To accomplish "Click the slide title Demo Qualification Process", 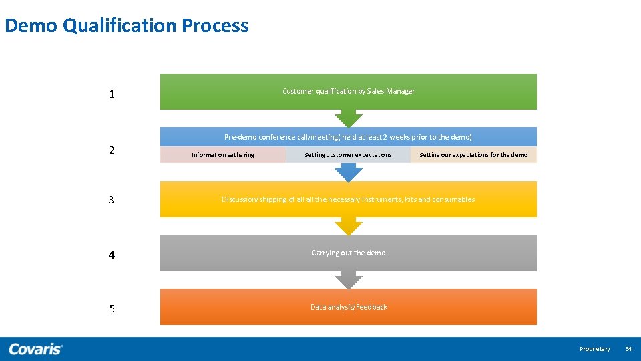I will [x=127, y=26].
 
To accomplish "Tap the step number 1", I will [x=112, y=94].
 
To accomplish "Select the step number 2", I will [x=112, y=150].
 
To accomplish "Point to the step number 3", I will [x=112, y=200].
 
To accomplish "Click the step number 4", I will [x=112, y=255].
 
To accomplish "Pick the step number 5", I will [x=112, y=309].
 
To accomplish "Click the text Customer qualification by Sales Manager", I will [x=348, y=91].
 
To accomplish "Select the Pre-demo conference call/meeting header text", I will [x=348, y=137].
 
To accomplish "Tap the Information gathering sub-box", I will [x=222, y=155].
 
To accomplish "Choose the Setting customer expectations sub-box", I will [x=348, y=155].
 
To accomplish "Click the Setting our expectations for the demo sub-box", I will [x=473, y=155].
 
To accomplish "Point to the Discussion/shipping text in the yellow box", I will [x=348, y=199].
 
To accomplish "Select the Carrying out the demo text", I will [x=348, y=253].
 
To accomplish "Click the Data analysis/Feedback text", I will [x=348, y=307].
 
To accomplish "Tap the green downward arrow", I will [x=348, y=118].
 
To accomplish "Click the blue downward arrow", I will [x=348, y=173].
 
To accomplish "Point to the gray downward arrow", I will [x=348, y=280].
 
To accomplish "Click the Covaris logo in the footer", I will [x=36, y=349].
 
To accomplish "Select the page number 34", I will [x=628, y=349].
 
